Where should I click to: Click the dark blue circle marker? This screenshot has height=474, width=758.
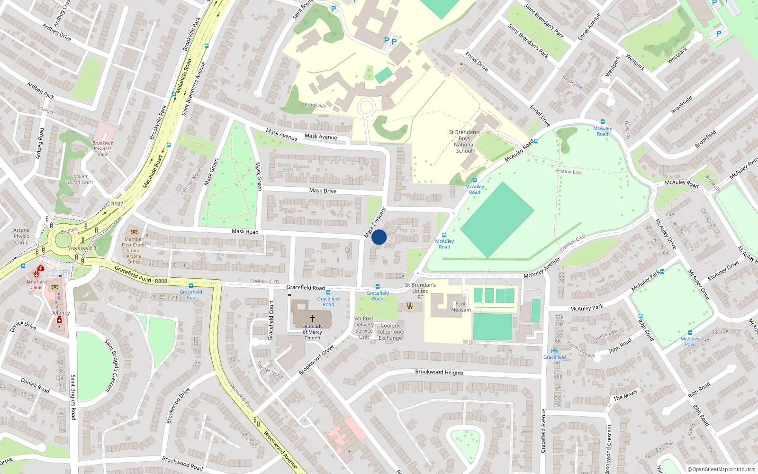[379, 237]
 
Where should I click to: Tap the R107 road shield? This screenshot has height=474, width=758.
[117, 204]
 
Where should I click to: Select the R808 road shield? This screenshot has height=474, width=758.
[161, 281]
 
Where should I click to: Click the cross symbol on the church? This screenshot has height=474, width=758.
[312, 319]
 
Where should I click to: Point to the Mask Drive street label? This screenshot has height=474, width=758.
[323, 191]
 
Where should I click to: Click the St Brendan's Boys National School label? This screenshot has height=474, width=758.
[464, 141]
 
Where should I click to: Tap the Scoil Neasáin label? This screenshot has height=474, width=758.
[461, 307]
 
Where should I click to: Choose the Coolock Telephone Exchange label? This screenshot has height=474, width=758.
[390, 332]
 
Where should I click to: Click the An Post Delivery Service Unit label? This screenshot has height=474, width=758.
[364, 328]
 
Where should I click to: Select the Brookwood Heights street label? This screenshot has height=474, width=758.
[439, 372]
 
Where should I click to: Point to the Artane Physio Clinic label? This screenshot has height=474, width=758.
[21, 236]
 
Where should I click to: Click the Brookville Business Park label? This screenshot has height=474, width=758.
[103, 148]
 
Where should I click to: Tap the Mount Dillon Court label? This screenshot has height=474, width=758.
[81, 179]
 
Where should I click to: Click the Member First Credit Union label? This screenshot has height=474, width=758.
[134, 247]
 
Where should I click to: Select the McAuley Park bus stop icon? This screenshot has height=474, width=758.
[690, 333]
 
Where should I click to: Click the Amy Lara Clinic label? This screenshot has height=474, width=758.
[36, 284]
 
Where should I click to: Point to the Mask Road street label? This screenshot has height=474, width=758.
[245, 231]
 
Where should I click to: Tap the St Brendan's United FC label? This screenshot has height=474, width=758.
[420, 291]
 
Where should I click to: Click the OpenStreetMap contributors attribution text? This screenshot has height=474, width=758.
[722, 469]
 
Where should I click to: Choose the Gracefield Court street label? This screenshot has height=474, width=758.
[271, 320]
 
